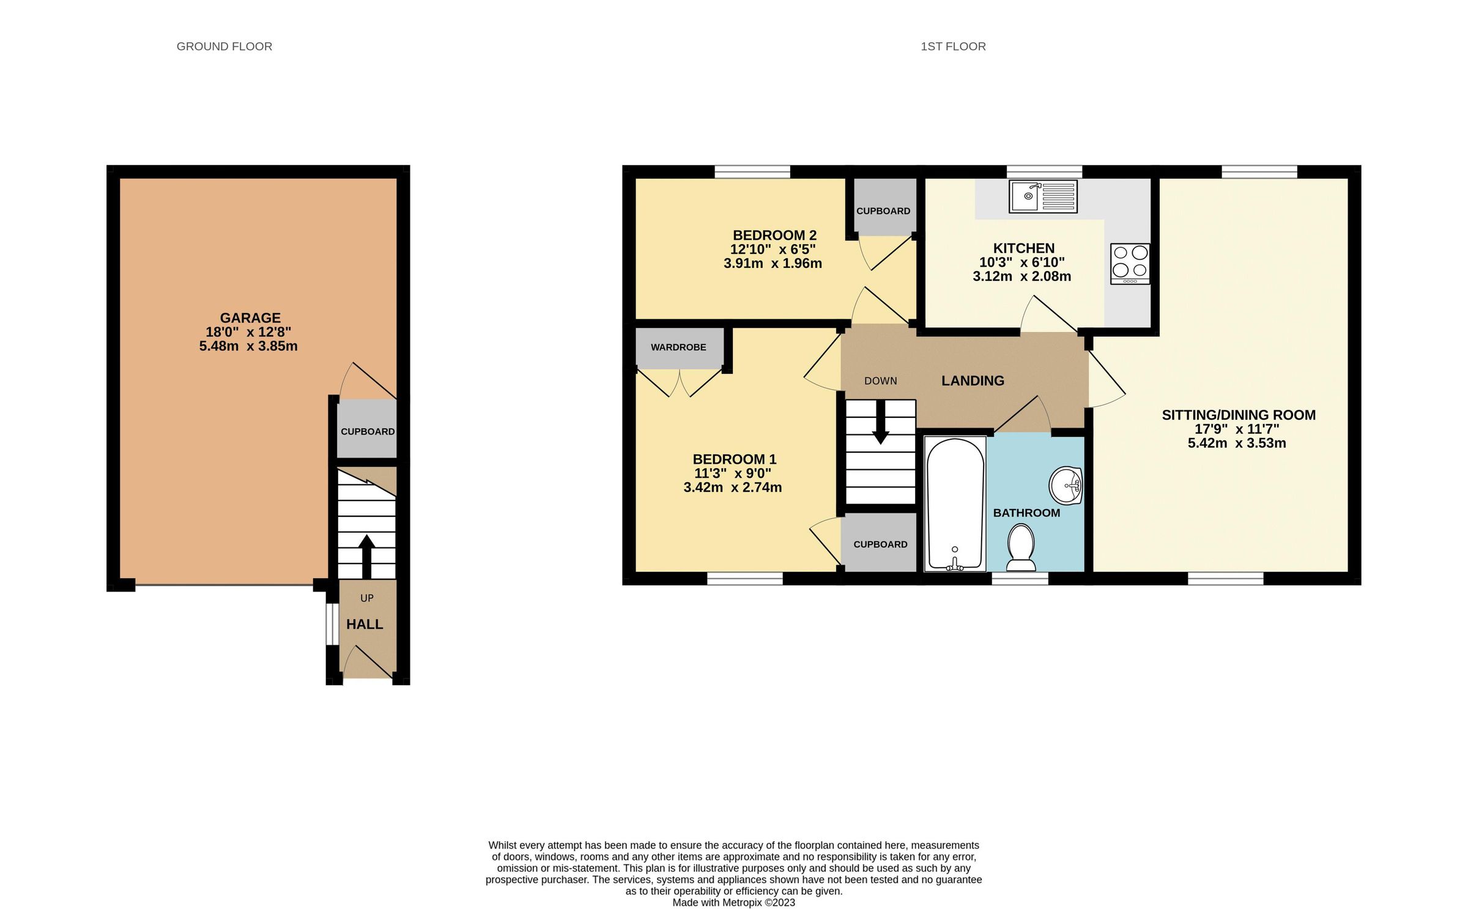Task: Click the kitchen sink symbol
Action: (x=1042, y=196)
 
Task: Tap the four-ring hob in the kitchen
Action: (x=1130, y=263)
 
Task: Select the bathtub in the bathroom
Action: (x=954, y=503)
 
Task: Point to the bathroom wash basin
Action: (x=1066, y=486)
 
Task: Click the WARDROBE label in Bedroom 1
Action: (x=678, y=347)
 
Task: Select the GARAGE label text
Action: (x=250, y=318)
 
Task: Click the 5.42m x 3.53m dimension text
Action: (x=1236, y=443)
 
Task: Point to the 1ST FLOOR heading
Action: (x=953, y=46)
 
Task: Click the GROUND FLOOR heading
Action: (x=224, y=46)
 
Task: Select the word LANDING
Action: (x=973, y=380)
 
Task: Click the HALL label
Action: (x=365, y=624)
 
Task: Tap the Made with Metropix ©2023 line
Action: (x=733, y=902)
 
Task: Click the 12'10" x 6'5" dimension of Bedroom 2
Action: (x=773, y=250)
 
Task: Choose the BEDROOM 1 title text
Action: (x=734, y=459)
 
